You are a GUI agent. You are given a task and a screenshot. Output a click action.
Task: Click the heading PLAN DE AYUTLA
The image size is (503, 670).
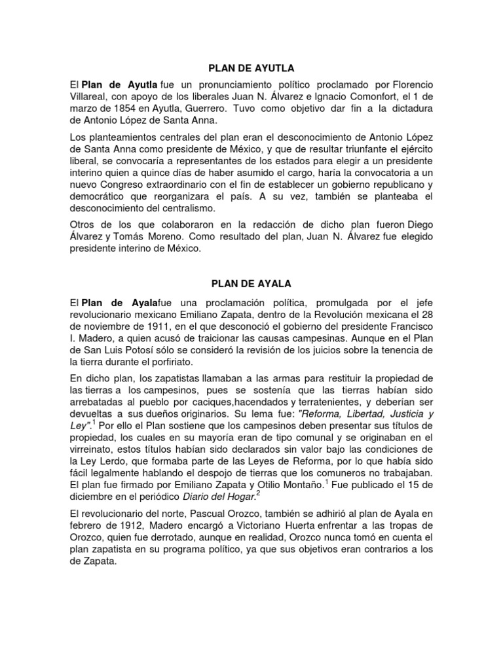[251, 67]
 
